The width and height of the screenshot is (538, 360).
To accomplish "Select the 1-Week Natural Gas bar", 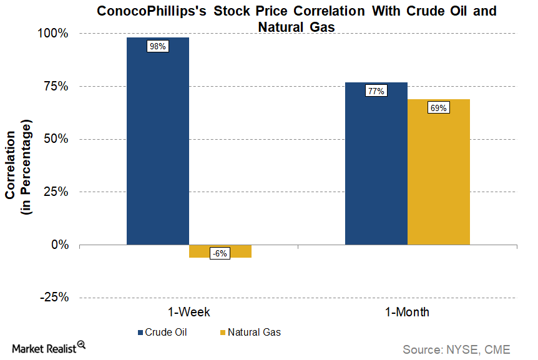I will click(x=220, y=251).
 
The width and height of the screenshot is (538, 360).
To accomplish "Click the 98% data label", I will click(x=157, y=46).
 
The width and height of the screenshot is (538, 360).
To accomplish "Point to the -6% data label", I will click(x=220, y=253).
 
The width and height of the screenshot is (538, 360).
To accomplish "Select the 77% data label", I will click(x=376, y=91).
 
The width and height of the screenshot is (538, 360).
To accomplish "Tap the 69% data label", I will click(x=438, y=108).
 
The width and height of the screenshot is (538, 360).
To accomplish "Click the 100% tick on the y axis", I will click(x=55, y=33).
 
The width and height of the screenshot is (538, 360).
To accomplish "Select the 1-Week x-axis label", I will click(x=188, y=312).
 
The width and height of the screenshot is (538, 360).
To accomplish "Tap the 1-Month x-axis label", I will click(x=406, y=312).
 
